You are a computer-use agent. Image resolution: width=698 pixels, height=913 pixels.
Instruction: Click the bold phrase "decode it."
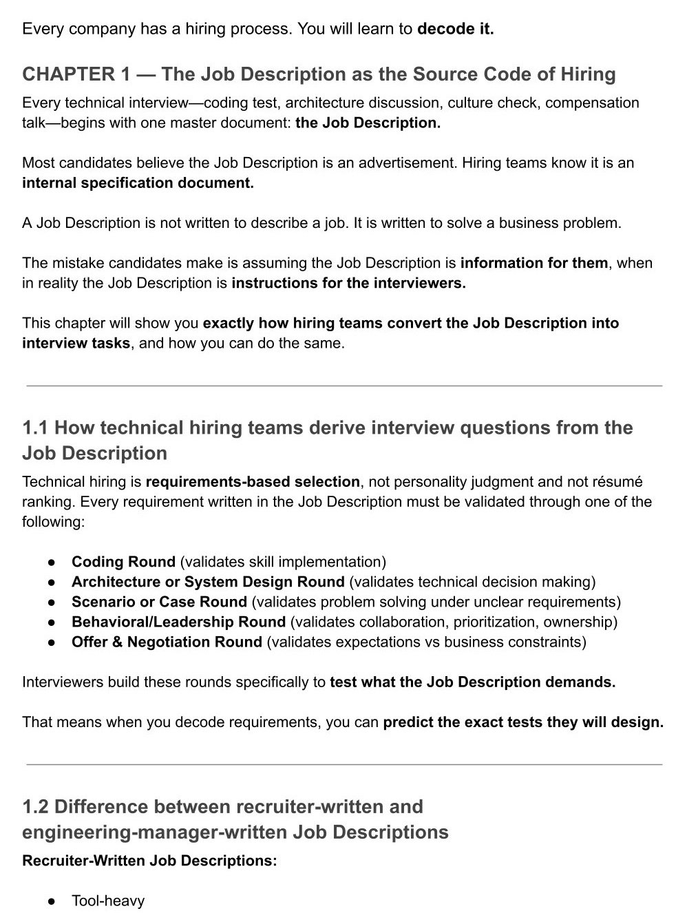(x=456, y=30)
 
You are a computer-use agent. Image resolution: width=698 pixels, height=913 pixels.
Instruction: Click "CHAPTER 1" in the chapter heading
(x=69, y=74)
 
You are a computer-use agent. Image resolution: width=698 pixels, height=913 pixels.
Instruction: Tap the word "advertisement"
(x=407, y=163)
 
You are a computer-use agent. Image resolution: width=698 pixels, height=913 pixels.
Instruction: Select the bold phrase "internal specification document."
(x=138, y=183)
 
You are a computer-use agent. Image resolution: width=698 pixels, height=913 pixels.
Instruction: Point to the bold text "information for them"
(x=534, y=263)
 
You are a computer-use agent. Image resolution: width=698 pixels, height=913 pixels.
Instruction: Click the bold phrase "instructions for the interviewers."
(x=349, y=283)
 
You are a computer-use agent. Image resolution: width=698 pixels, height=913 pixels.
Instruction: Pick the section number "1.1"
(x=35, y=428)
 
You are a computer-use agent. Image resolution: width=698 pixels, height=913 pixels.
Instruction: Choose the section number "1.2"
(x=35, y=807)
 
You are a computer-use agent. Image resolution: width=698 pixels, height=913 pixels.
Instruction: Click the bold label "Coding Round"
(x=123, y=562)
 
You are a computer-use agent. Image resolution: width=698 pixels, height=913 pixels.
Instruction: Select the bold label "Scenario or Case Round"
(x=159, y=602)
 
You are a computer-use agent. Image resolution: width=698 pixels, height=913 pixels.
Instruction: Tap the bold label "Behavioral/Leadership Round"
(x=178, y=622)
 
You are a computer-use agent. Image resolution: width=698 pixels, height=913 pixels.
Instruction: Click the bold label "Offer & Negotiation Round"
(x=167, y=642)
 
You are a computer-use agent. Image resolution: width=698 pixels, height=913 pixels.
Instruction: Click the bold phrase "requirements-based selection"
(x=253, y=482)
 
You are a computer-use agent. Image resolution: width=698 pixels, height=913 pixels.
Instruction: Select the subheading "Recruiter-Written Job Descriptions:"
(x=149, y=861)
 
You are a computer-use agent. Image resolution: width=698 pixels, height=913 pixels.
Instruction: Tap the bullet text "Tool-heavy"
(x=108, y=901)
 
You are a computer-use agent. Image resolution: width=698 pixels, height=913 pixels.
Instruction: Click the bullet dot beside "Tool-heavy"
(x=51, y=901)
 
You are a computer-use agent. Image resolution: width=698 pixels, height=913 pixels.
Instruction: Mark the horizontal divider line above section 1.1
(x=344, y=386)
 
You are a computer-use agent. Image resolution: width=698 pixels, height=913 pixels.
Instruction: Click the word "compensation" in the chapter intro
(x=592, y=103)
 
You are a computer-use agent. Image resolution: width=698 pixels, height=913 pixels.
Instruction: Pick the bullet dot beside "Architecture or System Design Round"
(x=51, y=583)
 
